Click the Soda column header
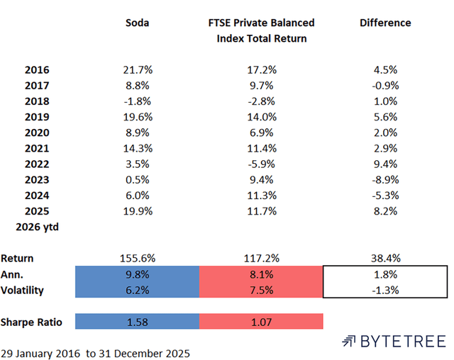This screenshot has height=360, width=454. (x=137, y=23)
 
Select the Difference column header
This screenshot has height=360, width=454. (x=385, y=23)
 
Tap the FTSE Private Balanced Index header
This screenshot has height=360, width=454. (x=261, y=30)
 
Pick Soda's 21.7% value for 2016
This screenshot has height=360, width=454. (x=137, y=70)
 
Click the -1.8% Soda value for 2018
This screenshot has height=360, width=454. (x=137, y=101)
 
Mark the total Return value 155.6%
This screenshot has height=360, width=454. (x=137, y=259)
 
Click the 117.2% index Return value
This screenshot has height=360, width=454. (x=261, y=259)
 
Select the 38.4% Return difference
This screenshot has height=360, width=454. (x=385, y=259)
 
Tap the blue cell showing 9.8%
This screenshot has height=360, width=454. (x=137, y=274)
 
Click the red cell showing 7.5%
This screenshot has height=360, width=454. (x=261, y=290)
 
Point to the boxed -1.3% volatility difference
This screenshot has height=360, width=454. (x=385, y=290)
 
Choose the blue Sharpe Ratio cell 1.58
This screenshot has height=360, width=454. (x=137, y=322)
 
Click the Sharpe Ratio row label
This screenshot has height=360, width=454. (x=31, y=322)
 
